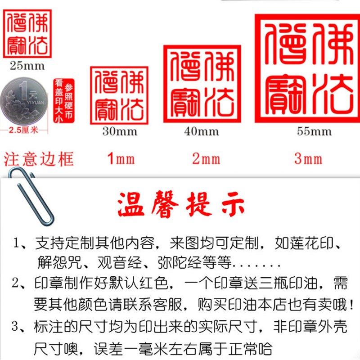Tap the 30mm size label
[x=119, y=131]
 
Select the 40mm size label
[x=201, y=131]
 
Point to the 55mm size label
[x=314, y=131]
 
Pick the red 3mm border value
[x=308, y=159]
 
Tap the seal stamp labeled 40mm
[x=201, y=84]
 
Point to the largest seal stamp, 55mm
[x=305, y=68]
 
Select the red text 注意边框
[x=39, y=159]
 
